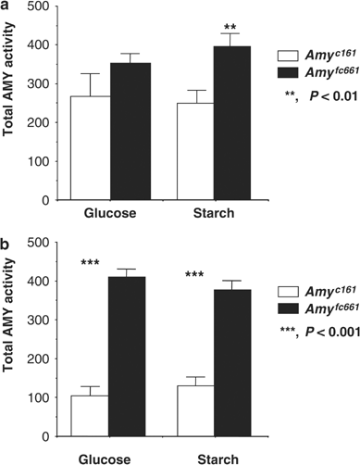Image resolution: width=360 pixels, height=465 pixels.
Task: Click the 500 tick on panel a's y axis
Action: pyautogui.click(x=34, y=7)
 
